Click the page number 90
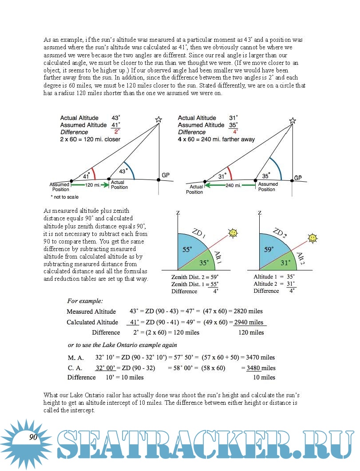33,437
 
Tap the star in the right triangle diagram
292,121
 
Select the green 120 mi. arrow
91,184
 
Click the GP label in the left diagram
166,176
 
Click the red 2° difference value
117,132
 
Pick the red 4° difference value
235,132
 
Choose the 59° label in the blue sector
269,250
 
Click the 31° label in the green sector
285,263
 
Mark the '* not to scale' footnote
65,196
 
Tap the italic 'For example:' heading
85,301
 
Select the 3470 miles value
260,357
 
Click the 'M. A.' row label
76,357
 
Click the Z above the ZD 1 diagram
178,213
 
